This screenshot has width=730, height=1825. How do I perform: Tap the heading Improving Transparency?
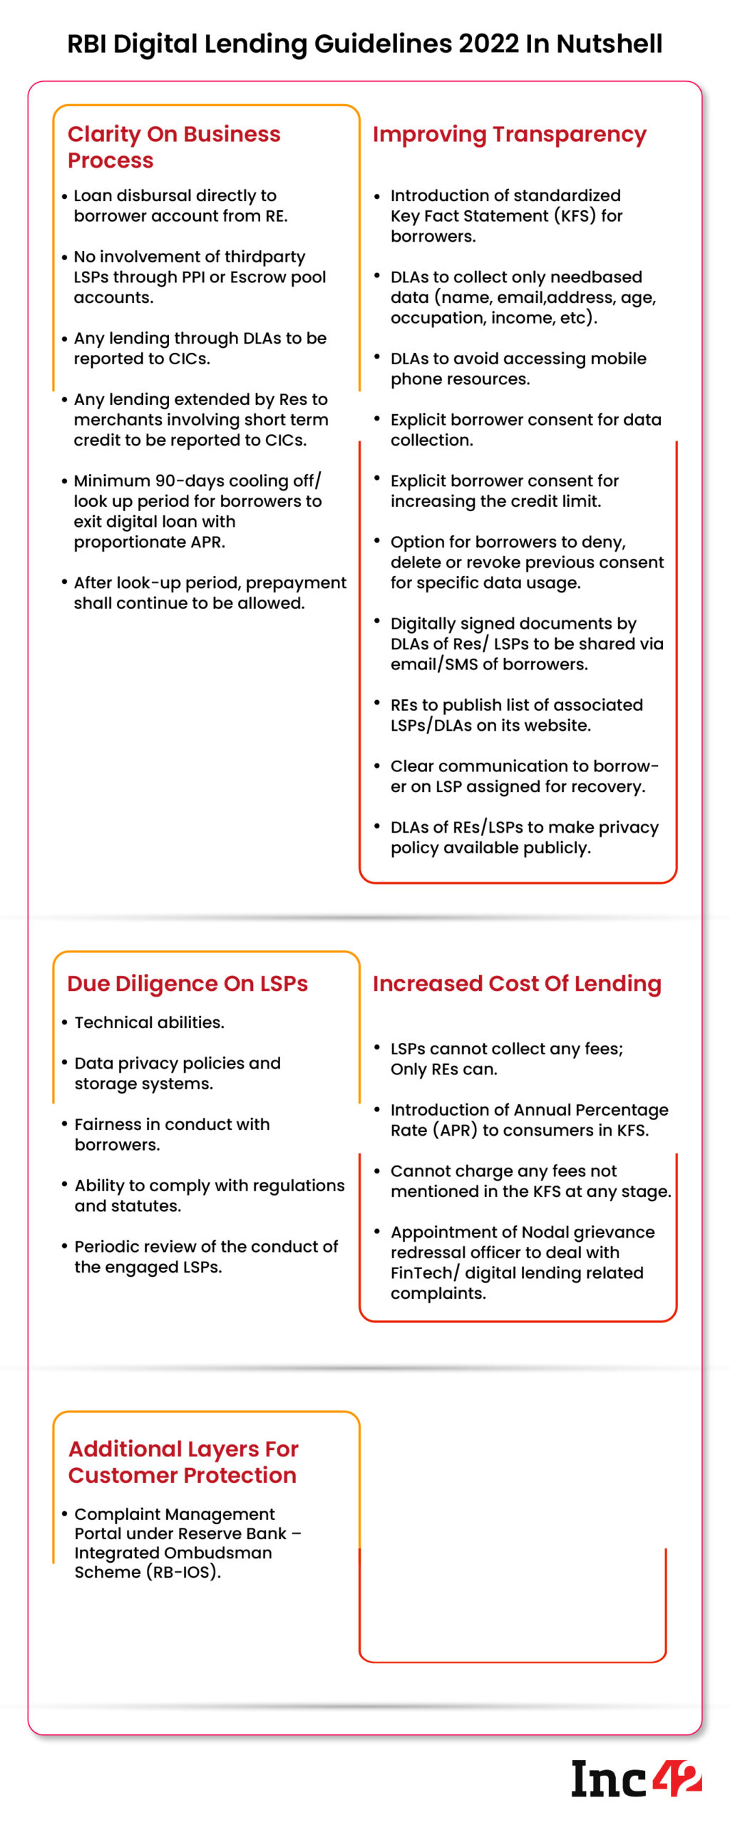click(509, 134)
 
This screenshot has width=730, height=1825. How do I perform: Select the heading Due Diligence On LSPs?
click(187, 983)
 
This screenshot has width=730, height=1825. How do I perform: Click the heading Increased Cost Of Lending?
click(517, 983)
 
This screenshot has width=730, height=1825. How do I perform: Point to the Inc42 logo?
click(636, 1779)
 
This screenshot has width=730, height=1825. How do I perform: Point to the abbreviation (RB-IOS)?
click(183, 1572)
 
